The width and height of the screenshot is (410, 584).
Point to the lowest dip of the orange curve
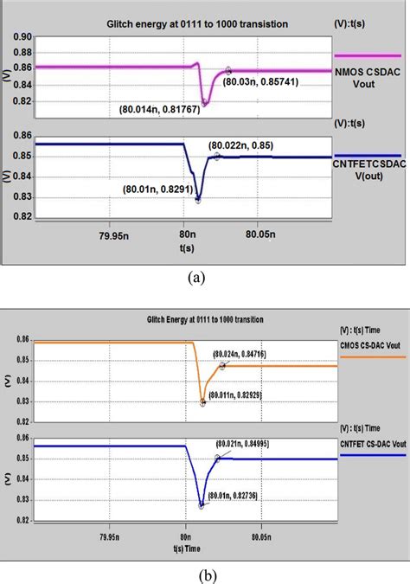pos(203,402)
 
